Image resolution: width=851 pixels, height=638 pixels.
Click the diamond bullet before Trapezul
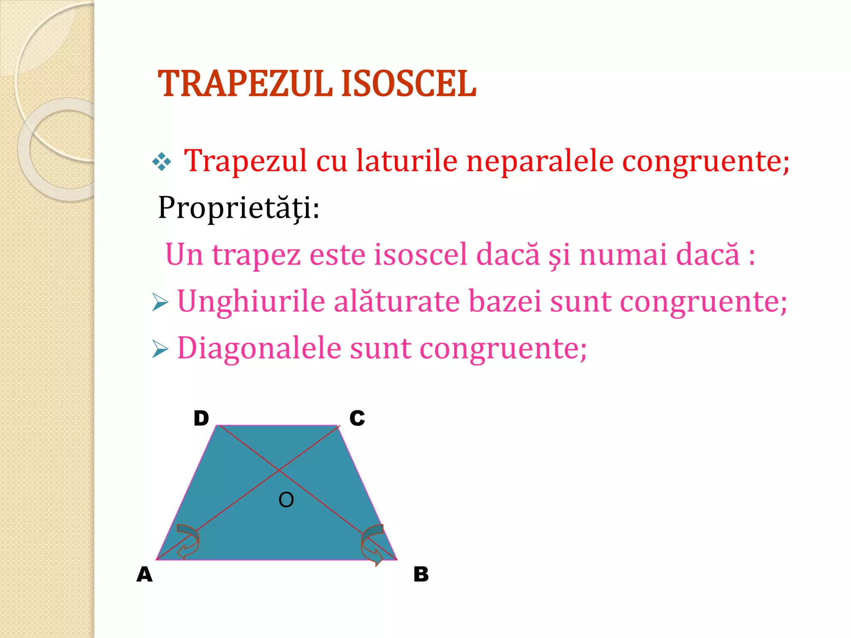coord(162,162)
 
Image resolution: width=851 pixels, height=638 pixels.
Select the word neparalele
coord(540,161)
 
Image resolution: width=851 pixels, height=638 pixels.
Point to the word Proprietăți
coord(239,208)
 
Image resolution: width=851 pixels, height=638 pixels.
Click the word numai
coord(623,254)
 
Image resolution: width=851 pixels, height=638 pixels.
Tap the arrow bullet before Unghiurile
coord(160,302)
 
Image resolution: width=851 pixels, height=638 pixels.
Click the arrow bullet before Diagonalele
coord(160,348)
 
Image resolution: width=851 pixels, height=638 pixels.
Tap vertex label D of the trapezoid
coord(201,418)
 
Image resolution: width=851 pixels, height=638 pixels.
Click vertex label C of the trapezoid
coord(357,418)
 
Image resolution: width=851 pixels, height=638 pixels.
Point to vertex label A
coord(145,575)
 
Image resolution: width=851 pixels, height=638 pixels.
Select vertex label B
coord(421,575)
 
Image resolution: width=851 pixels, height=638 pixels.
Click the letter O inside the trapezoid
coord(286,500)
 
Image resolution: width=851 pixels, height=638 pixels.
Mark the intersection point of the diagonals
coord(278,471)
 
